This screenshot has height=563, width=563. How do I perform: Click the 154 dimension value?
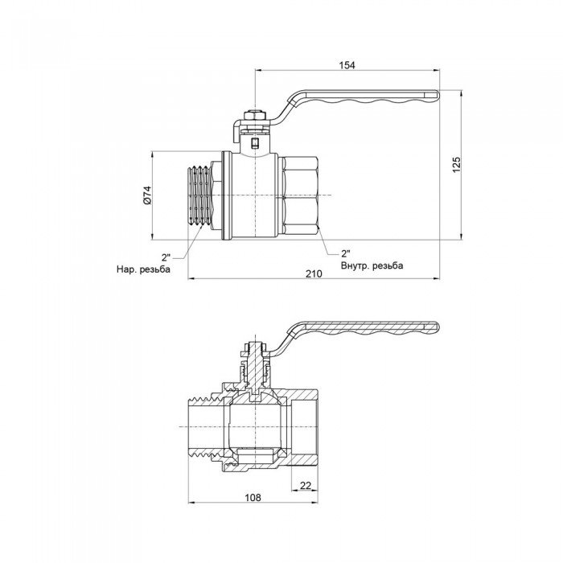(347, 64)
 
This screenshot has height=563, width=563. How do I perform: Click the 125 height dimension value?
(456, 165)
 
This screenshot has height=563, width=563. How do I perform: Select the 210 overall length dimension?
(314, 274)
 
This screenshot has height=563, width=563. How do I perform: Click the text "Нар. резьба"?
(143, 269)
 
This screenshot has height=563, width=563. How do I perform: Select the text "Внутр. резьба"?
(372, 265)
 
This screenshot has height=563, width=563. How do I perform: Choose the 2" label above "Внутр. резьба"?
(347, 252)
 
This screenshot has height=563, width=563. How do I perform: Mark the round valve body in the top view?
(254, 195)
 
